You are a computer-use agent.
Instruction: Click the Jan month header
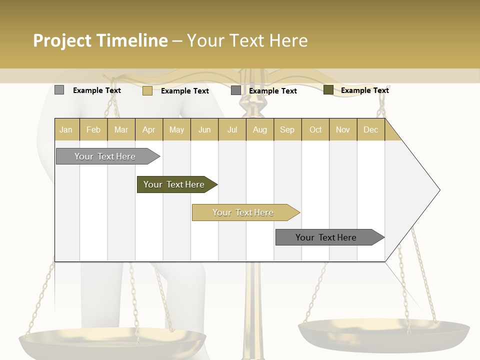tap(66, 129)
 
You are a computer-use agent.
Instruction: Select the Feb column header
tap(93, 129)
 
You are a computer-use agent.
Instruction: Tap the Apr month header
tap(148, 129)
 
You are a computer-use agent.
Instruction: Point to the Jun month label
tap(204, 129)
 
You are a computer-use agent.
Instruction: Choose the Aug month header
tap(259, 129)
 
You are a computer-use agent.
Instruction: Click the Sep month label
tap(287, 129)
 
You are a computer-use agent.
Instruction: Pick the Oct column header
tap(315, 129)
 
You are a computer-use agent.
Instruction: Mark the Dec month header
tap(370, 129)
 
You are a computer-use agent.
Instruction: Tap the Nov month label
tap(342, 129)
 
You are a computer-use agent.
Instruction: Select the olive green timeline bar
tap(174, 184)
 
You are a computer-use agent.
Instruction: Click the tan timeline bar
tap(243, 212)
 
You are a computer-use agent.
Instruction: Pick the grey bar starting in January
tap(105, 156)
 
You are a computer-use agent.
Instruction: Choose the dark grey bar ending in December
tap(326, 237)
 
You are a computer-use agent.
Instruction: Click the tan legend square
tap(147, 90)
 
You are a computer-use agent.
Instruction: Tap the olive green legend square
tap(328, 90)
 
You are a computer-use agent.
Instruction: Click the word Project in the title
tap(62, 40)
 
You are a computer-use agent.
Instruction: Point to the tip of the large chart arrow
tap(439, 190)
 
